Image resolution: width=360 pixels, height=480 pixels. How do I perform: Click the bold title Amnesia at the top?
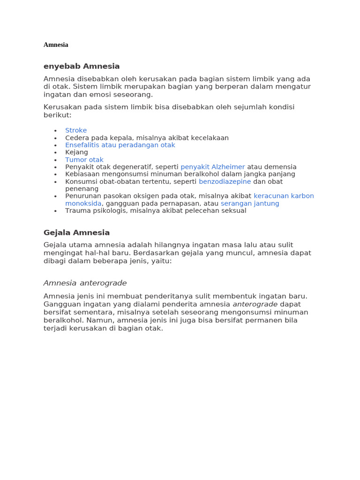[56, 45]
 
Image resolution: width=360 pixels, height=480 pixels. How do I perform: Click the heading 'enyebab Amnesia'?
[82, 66]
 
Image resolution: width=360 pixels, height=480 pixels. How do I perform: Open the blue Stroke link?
[76, 130]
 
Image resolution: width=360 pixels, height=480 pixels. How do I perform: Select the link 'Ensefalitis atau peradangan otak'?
[120, 145]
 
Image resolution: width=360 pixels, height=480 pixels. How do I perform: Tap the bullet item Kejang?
[76, 152]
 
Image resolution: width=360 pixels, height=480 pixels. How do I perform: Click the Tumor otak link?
[84, 160]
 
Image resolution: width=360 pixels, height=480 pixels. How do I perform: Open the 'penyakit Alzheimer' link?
[213, 167]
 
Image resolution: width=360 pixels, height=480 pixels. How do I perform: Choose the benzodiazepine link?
[225, 181]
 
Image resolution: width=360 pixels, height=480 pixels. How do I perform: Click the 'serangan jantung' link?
[250, 203]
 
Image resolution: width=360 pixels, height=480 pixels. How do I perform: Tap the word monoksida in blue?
[83, 203]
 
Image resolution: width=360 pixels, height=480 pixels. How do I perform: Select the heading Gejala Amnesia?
[76, 232]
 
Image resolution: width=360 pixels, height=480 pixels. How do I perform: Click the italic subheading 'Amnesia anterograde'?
[85, 283]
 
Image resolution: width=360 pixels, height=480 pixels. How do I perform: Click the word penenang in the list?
[82, 188]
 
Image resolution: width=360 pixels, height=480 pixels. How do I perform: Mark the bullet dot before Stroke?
[55, 131]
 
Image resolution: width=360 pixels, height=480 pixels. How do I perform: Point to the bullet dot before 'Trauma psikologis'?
[55, 211]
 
